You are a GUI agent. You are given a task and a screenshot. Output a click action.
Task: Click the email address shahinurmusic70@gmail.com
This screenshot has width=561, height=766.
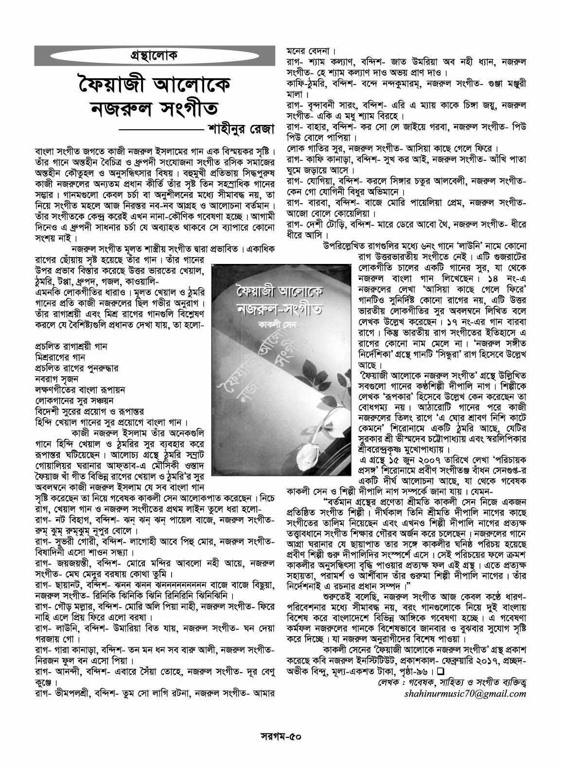pos(465,693)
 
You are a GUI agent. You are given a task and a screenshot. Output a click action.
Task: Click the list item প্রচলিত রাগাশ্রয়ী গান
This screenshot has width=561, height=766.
pos(70,346)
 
